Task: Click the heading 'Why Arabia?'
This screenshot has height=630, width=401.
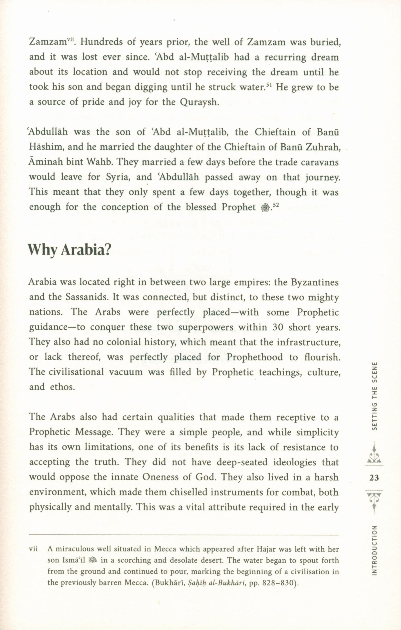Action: [x=68, y=251]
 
